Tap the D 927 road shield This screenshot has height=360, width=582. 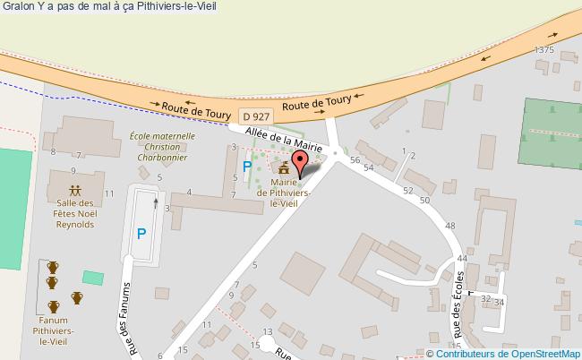click(256, 116)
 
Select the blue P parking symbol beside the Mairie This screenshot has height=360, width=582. click(247, 167)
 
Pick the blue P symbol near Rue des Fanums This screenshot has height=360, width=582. click(141, 235)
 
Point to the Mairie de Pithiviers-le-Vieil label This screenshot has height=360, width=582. click(284, 192)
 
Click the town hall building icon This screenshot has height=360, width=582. click(284, 168)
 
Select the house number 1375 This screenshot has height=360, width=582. click(543, 50)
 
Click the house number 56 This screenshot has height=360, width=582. click(355, 159)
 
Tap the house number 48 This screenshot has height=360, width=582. click(449, 227)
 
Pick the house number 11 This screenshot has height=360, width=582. click(108, 193)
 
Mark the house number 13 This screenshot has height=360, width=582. click(266, 307)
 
